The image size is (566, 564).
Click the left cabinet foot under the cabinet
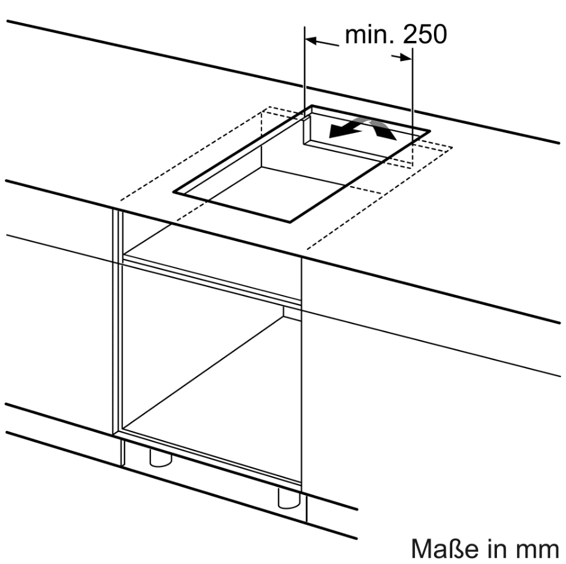(161, 459)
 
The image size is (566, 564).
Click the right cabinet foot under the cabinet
(289, 498)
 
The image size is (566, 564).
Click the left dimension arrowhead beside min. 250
(311, 40)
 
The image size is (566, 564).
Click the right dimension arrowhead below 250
(406, 57)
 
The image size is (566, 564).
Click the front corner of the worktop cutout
(290, 222)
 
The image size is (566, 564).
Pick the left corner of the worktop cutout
(174, 192)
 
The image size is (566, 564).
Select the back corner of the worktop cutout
(312, 106)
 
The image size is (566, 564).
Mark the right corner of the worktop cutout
(430, 131)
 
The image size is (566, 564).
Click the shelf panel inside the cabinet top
(210, 259)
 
